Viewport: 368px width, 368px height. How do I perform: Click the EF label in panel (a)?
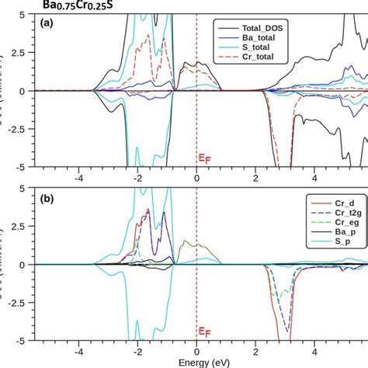[203, 159]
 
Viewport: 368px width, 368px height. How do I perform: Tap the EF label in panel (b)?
[203, 333]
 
